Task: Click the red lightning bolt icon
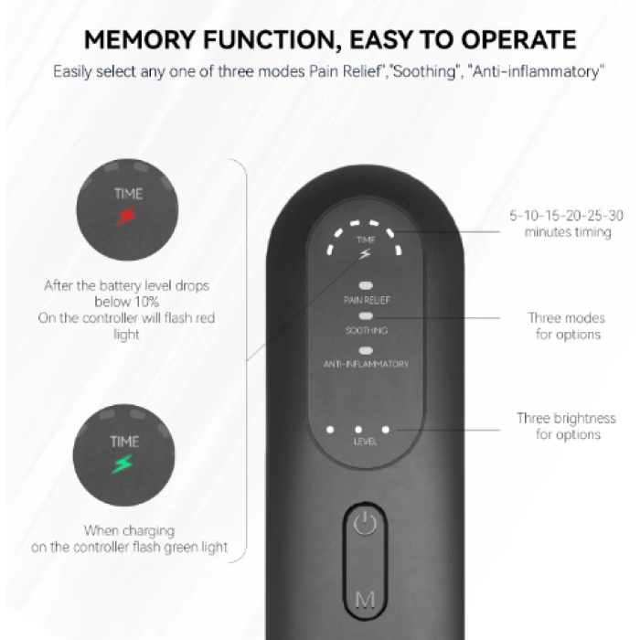(x=126, y=216)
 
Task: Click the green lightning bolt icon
(x=123, y=464)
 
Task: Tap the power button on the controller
(x=365, y=524)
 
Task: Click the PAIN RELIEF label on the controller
(x=367, y=300)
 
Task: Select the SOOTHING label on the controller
(x=367, y=330)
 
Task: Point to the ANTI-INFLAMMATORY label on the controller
(x=366, y=364)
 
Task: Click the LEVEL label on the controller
(x=365, y=442)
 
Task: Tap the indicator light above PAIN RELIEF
(x=366, y=285)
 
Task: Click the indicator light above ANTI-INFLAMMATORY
(x=366, y=350)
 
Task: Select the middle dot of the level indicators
(x=358, y=430)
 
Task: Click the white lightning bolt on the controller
(x=365, y=254)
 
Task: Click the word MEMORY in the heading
(x=140, y=39)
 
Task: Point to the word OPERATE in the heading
(x=518, y=39)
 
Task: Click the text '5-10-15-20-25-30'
(x=567, y=216)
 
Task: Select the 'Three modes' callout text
(x=567, y=318)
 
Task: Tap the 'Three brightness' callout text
(x=567, y=419)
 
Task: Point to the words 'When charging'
(x=130, y=531)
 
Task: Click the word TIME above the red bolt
(x=128, y=194)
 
